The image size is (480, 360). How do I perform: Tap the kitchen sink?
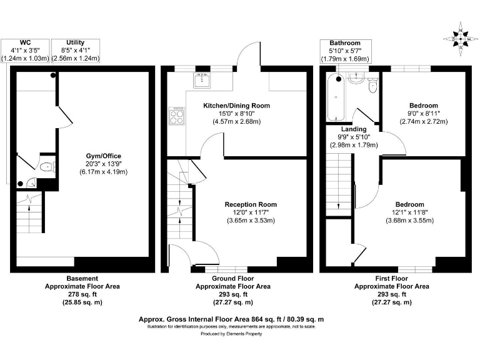point(201,80)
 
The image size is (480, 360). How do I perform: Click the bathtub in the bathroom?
point(334,98)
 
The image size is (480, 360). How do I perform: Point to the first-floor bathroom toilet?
point(373,86)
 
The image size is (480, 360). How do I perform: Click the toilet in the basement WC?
point(46,167)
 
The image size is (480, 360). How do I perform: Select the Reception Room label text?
point(251,204)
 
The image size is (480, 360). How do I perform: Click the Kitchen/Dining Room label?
point(236,106)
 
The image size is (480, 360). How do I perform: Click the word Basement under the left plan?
point(82,278)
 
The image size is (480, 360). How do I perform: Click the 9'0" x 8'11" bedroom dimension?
point(424,114)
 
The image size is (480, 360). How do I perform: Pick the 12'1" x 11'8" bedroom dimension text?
point(409,212)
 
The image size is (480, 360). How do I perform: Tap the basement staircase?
point(28,212)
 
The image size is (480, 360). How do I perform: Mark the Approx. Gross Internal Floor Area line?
point(231,319)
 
